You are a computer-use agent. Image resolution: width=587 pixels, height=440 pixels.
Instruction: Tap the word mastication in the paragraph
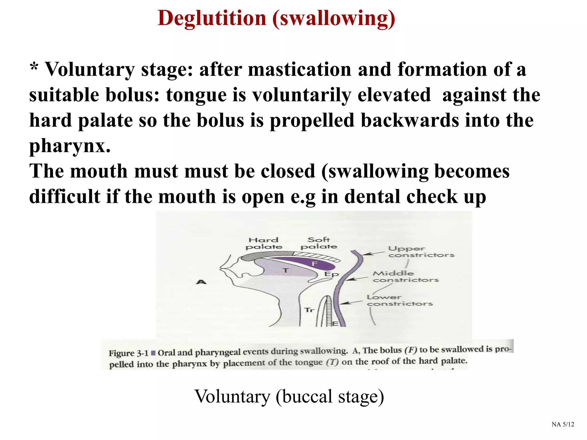click(x=300, y=70)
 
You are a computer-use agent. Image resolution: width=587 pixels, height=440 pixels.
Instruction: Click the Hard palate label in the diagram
click(x=263, y=243)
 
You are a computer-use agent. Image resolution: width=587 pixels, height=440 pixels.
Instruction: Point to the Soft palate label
click(x=319, y=243)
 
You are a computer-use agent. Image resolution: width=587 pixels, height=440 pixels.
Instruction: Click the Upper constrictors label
click(x=421, y=252)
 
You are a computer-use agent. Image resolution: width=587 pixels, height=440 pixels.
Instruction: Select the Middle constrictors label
click(x=405, y=276)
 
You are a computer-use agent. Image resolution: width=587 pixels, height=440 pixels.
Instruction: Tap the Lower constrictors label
click(x=400, y=300)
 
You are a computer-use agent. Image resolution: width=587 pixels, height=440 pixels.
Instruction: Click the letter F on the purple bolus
click(x=315, y=264)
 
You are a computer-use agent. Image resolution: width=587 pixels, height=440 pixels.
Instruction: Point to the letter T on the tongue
click(x=285, y=270)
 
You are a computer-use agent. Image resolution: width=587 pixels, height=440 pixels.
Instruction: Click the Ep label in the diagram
click(x=331, y=274)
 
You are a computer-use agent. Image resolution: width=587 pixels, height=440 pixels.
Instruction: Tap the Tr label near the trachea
click(x=309, y=310)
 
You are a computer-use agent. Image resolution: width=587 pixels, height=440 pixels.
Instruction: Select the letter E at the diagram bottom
click(x=335, y=324)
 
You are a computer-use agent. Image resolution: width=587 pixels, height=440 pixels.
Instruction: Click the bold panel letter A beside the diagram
click(x=201, y=282)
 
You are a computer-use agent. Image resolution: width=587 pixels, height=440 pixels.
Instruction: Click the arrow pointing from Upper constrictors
click(x=373, y=253)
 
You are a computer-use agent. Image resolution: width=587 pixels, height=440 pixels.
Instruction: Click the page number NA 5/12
click(x=563, y=424)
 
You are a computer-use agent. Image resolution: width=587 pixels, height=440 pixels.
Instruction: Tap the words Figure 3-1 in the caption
click(x=128, y=353)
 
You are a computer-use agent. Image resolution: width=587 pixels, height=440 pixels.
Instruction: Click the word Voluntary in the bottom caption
click(x=232, y=396)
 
